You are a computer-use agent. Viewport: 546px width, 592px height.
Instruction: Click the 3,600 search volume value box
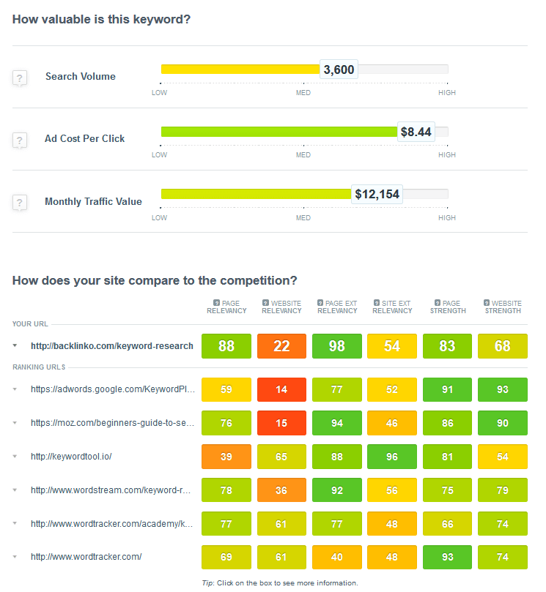(x=339, y=70)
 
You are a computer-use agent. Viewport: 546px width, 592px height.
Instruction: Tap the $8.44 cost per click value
(x=416, y=132)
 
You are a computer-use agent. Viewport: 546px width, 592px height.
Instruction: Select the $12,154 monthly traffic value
(x=377, y=194)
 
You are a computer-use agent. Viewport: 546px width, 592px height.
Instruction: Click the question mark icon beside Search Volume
(x=20, y=78)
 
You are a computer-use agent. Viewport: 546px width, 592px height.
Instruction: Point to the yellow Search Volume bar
(x=240, y=69)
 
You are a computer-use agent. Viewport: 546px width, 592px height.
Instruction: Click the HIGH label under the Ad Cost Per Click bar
(x=447, y=155)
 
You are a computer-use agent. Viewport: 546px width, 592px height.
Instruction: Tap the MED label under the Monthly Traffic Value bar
(x=303, y=218)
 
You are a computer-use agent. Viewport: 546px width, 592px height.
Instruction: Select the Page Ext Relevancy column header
(x=337, y=307)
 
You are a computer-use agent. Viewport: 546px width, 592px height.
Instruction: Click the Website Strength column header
(x=503, y=307)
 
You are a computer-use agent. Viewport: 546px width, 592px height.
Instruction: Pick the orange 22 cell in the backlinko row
(x=281, y=346)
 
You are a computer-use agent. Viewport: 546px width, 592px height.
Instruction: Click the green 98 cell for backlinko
(x=337, y=346)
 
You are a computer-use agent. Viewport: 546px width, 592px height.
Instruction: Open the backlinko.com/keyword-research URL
(x=112, y=346)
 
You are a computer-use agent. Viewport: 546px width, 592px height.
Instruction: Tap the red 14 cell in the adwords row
(x=281, y=389)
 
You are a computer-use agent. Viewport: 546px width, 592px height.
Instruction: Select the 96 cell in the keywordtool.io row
(x=392, y=457)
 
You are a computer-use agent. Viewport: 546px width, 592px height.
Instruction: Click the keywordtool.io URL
(x=71, y=457)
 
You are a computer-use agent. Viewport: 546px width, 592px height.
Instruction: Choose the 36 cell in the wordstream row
(x=281, y=490)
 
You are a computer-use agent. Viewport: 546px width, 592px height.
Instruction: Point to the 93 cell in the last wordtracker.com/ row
(x=447, y=557)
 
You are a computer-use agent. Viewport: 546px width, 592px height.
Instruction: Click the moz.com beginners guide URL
(x=112, y=423)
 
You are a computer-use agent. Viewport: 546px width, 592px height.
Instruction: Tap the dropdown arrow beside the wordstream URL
(x=15, y=490)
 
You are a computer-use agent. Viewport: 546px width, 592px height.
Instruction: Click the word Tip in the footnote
(x=207, y=583)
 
